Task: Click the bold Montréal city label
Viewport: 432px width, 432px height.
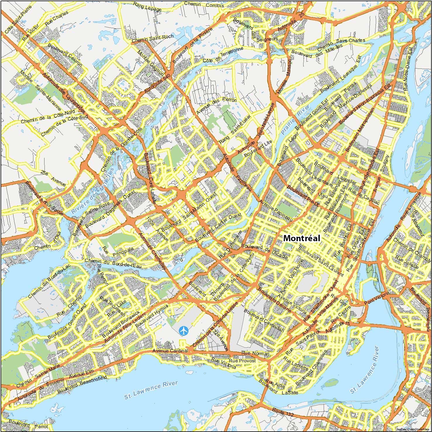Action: pyautogui.click(x=302, y=238)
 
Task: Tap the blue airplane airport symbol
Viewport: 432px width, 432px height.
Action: pyautogui.click(x=184, y=331)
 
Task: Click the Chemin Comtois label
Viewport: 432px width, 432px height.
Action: pyautogui.click(x=204, y=5)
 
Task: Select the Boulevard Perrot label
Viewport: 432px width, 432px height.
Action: pyautogui.click(x=28, y=425)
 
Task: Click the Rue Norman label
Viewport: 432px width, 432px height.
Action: pyautogui.click(x=255, y=354)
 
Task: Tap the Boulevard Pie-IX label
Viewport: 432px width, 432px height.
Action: pyautogui.click(x=302, y=194)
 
